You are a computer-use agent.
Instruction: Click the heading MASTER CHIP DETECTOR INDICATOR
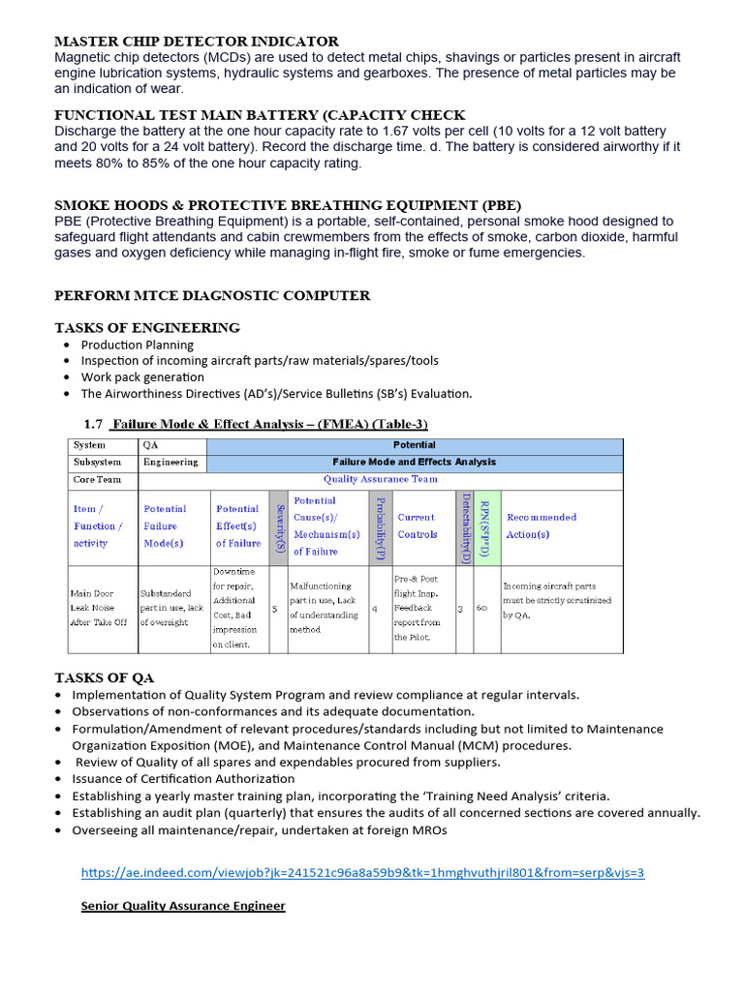coord(197,42)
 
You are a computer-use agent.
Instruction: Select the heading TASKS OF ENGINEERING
coord(147,328)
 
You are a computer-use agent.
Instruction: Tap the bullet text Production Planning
coord(137,345)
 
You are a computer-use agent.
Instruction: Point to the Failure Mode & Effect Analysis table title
coord(269,424)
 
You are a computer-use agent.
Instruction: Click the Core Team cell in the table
coord(97,479)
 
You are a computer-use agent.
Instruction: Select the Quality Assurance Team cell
coord(380,479)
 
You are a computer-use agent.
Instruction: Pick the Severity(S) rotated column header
coord(279,527)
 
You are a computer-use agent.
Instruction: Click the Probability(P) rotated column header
coord(381,527)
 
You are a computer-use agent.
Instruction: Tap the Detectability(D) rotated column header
coord(465,527)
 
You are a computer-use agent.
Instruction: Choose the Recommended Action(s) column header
coord(542,526)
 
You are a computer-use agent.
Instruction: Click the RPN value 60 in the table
coord(481,608)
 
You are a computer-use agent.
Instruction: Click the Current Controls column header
coord(418,526)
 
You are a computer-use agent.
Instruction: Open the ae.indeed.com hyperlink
coord(362,873)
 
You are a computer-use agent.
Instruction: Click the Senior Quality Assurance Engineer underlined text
coord(183,906)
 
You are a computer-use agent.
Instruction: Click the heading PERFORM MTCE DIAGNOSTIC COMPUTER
coord(212,295)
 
